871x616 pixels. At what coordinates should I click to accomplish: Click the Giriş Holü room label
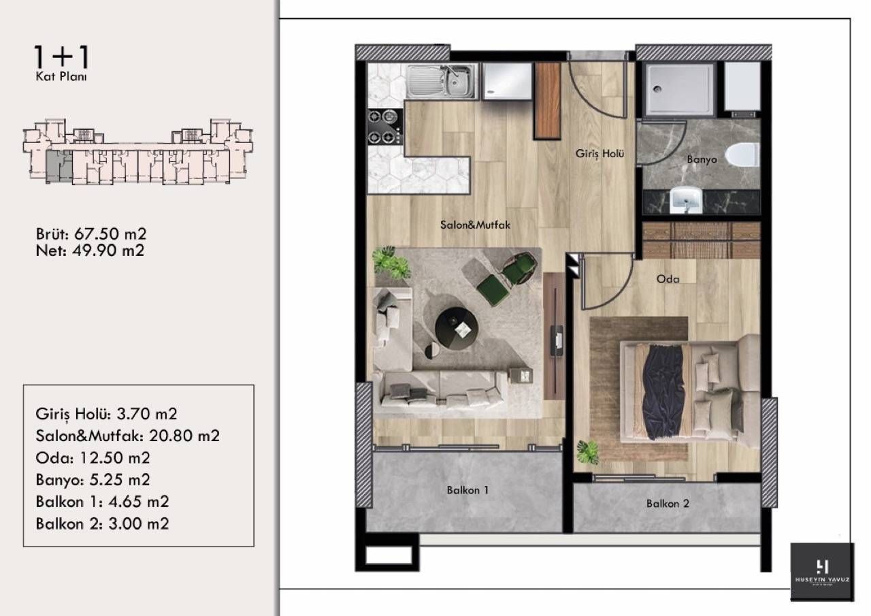coord(595,155)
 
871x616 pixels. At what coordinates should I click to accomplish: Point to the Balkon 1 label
coord(467,489)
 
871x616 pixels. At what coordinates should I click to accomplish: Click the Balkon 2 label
coord(668,504)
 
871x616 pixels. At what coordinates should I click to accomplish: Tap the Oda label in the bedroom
coord(667,279)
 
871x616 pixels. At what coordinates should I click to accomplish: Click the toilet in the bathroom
coord(742,155)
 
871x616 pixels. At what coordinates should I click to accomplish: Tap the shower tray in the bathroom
coord(679,89)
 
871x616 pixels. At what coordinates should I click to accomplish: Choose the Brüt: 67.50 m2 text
coord(91,234)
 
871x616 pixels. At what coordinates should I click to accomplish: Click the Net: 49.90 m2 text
coord(89,250)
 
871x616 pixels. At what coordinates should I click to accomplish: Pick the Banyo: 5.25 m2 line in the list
coord(93,480)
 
